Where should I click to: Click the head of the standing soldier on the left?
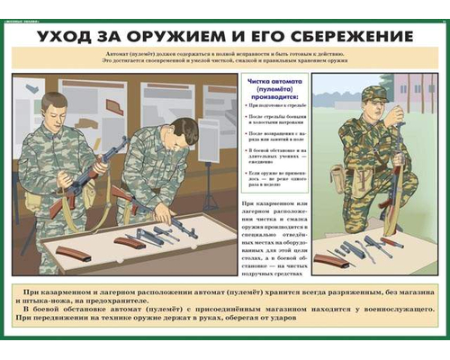coord(52,102)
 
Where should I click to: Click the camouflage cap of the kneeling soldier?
coord(373,93)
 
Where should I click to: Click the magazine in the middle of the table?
coord(130,242)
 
